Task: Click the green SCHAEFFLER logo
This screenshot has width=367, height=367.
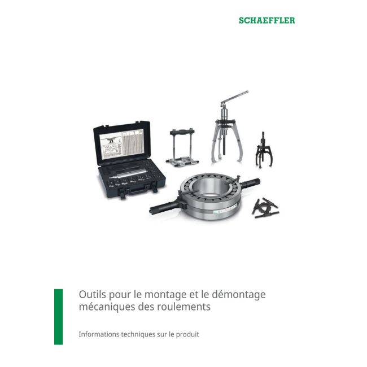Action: tap(266, 20)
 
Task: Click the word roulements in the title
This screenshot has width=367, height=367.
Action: tap(183, 308)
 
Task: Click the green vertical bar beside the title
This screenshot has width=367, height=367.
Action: tap(58, 316)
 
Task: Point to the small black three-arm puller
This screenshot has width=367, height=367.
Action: tap(263, 149)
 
